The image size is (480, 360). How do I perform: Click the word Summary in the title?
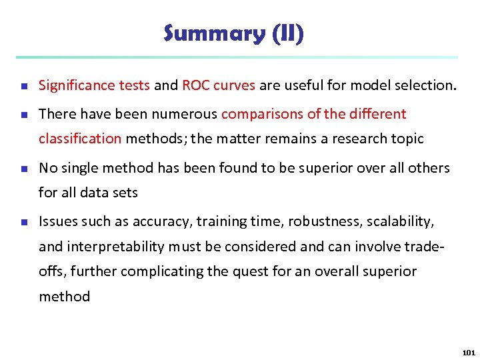(x=215, y=33)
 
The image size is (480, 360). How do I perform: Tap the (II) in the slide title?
(x=288, y=33)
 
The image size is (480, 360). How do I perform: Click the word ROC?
(x=195, y=85)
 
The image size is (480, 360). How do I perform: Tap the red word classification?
(x=80, y=139)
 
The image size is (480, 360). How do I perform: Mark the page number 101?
(x=468, y=353)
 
